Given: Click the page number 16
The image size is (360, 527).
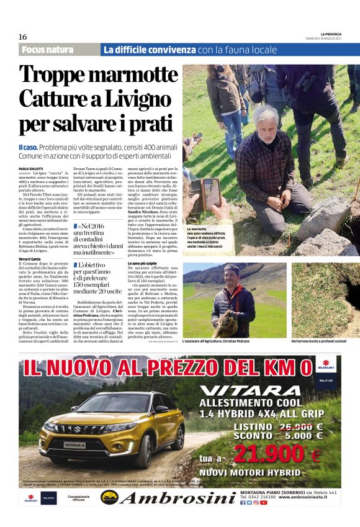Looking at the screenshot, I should click(x=22, y=37).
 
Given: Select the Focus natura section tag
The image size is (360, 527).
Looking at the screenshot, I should click(x=47, y=50).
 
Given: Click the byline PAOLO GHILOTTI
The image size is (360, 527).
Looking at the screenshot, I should click(x=31, y=168).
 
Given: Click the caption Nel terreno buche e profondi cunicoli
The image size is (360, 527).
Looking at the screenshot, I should click(x=323, y=341).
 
